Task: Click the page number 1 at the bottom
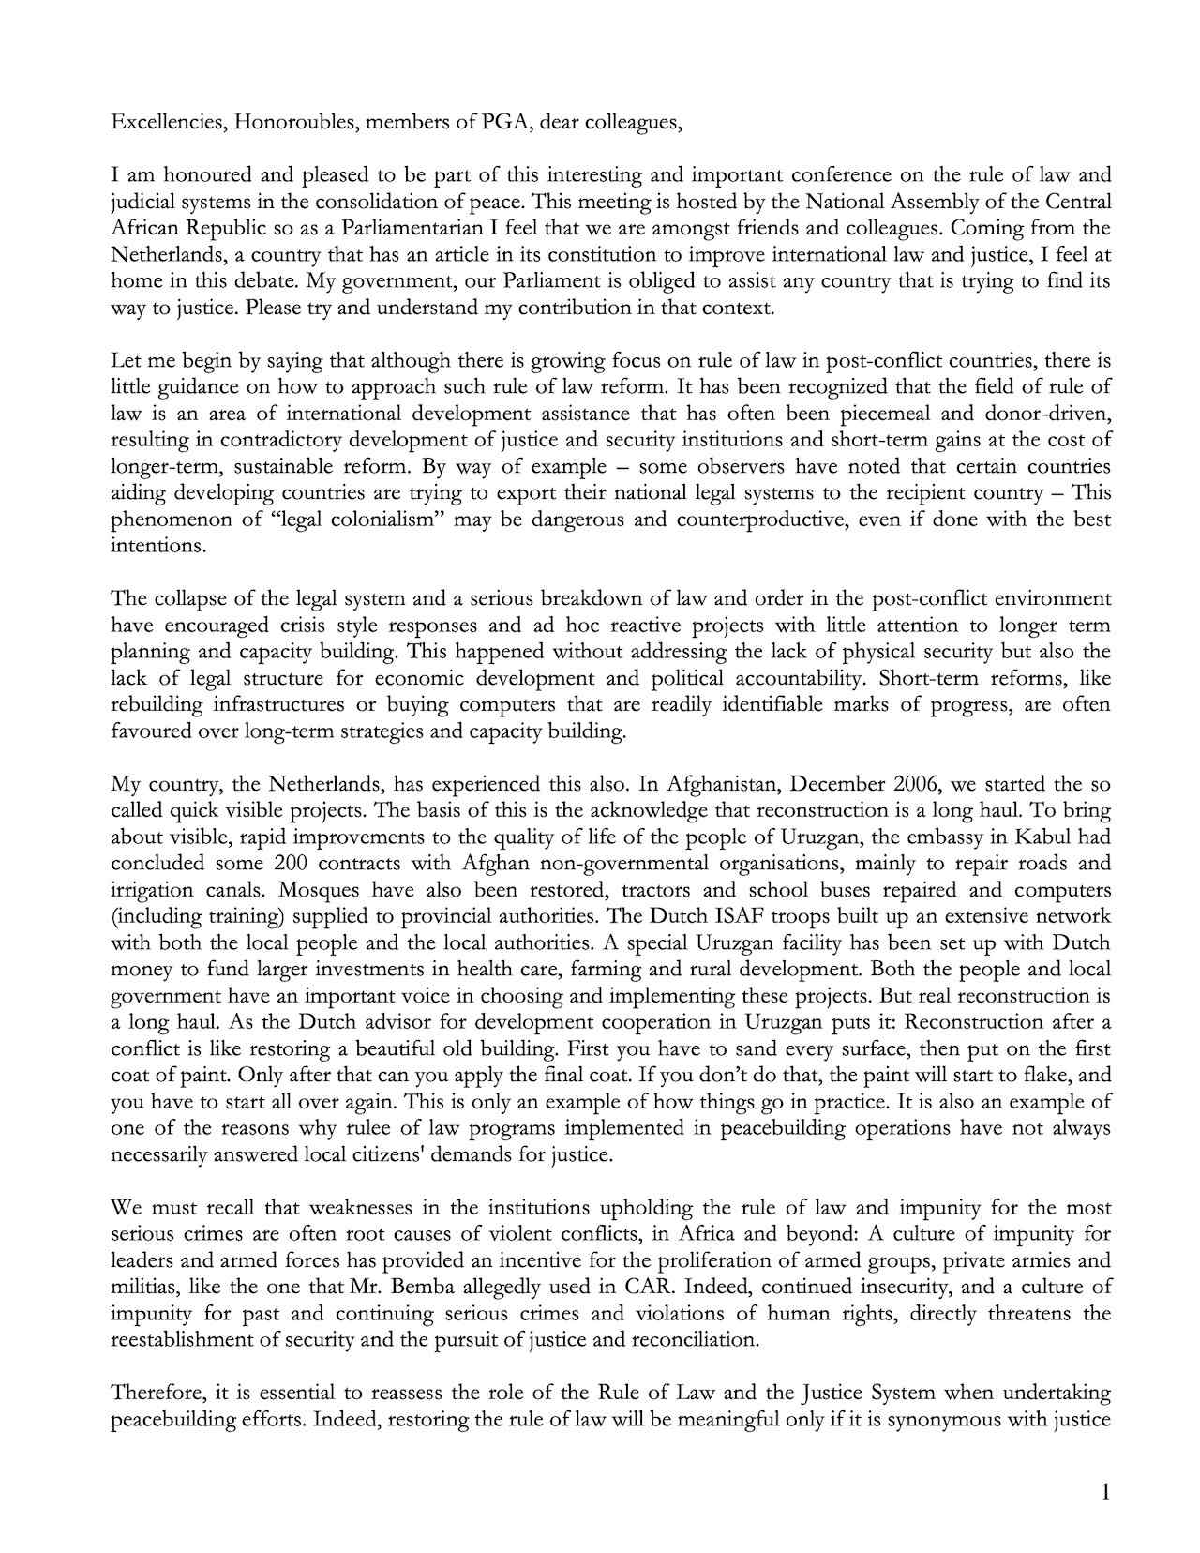[x=1105, y=1493]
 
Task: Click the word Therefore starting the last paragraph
[x=156, y=1393]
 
